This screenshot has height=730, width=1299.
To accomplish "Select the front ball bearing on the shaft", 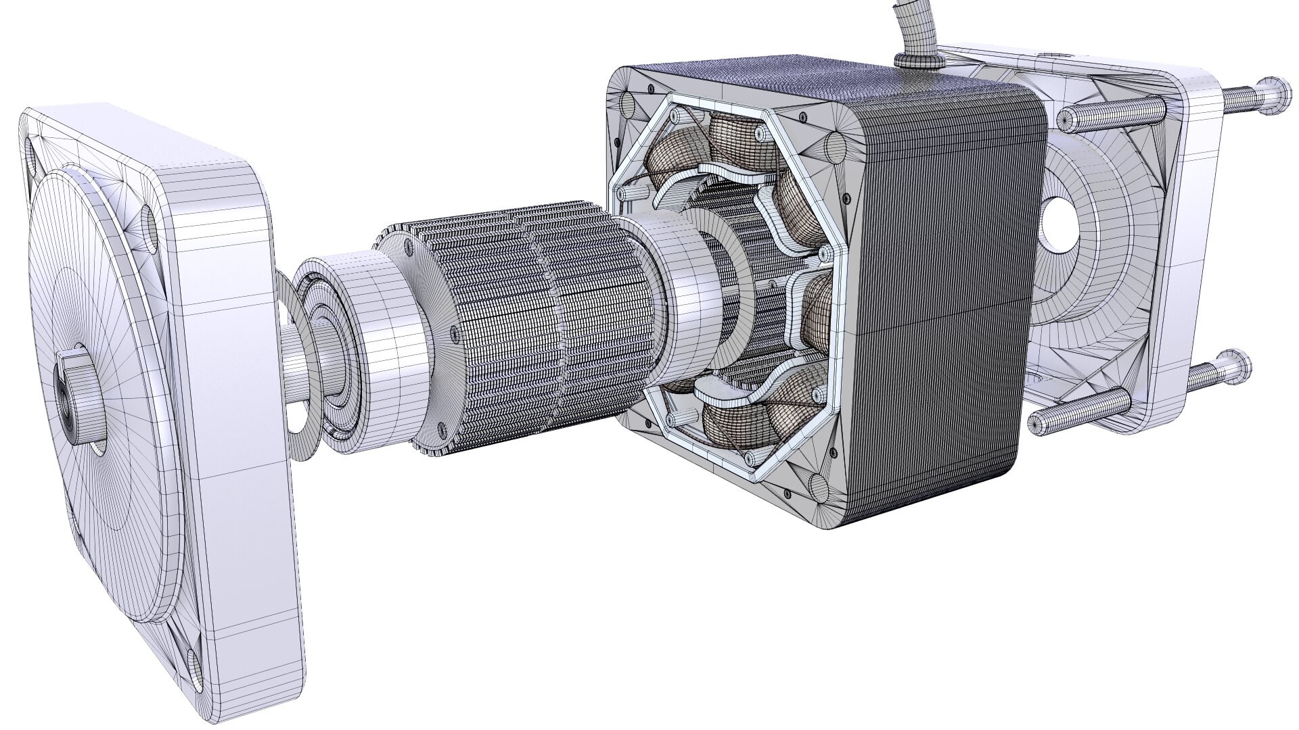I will tap(338, 351).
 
